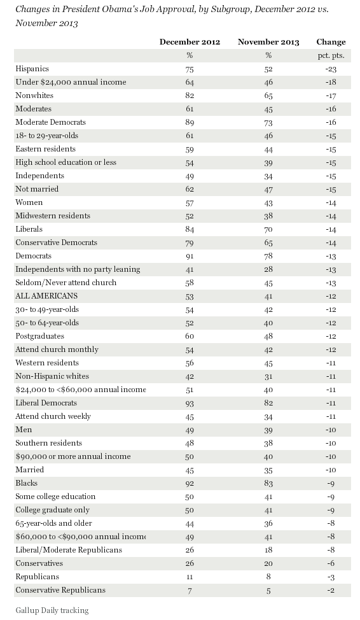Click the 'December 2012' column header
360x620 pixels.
point(190,42)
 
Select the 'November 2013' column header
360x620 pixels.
point(268,42)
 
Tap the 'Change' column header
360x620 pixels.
point(331,42)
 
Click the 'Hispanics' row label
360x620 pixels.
point(32,69)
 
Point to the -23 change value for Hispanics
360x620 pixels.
point(331,69)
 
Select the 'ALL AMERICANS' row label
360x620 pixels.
point(46,296)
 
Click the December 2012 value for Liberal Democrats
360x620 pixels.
point(190,403)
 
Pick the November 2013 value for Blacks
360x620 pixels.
point(268,483)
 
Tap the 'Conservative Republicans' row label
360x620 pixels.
point(60,590)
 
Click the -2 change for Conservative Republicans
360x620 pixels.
point(331,590)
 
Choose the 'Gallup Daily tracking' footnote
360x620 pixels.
point(52,610)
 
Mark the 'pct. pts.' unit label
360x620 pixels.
point(331,56)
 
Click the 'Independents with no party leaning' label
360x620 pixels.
point(78,269)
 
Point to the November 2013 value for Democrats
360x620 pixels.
point(268,257)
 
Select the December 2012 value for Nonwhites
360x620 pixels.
point(190,95)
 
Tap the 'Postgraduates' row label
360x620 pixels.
point(39,336)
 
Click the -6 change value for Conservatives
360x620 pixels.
point(331,563)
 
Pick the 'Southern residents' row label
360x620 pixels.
point(48,443)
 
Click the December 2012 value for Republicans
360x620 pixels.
point(190,577)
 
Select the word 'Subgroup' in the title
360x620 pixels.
point(231,10)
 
